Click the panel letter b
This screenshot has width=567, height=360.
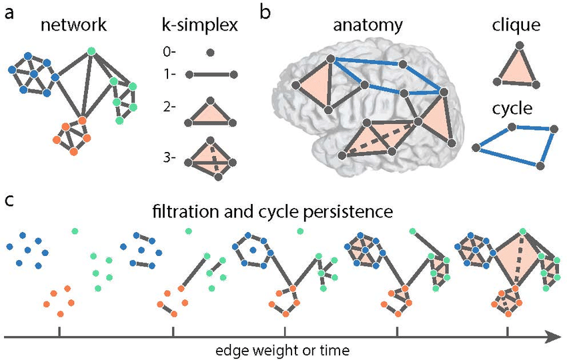pos(265,13)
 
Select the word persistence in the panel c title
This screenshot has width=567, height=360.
pos(352,214)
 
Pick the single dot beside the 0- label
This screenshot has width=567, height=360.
pos(210,52)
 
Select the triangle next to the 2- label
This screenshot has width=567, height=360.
pos(209,111)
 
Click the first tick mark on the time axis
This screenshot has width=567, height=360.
pos(59,332)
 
